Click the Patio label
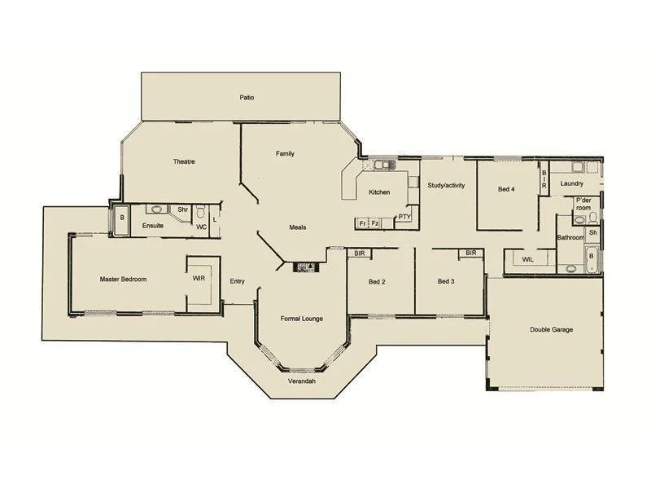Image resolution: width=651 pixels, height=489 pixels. [x=247, y=98]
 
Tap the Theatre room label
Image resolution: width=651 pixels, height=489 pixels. [x=184, y=161]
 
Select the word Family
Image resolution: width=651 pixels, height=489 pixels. [x=285, y=153]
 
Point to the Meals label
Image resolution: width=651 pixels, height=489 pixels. [x=298, y=227]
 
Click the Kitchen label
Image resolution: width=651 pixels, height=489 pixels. [x=379, y=192]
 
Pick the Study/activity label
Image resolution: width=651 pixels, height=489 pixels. [x=446, y=186]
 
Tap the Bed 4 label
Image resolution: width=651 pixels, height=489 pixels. [x=506, y=189]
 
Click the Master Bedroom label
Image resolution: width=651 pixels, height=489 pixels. [x=123, y=280]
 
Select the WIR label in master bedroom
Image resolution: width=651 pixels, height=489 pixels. [x=199, y=279]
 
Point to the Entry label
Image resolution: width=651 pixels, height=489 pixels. [x=237, y=281]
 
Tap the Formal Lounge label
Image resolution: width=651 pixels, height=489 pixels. [x=302, y=318]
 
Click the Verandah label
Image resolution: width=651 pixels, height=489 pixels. [x=302, y=381]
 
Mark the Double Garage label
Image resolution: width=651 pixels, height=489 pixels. [x=552, y=330]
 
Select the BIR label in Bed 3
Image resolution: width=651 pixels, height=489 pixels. [x=470, y=253]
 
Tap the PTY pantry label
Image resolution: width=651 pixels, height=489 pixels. [x=404, y=218]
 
